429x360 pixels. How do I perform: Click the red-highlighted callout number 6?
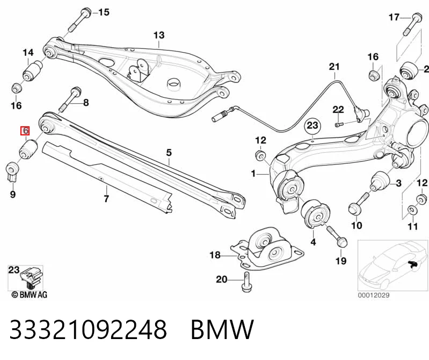click(x=25, y=131)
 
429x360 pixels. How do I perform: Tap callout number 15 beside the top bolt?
click(x=104, y=12)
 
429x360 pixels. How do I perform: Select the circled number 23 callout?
click(x=312, y=126)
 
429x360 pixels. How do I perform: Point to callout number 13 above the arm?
click(x=159, y=35)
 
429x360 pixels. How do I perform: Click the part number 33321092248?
click(x=88, y=329)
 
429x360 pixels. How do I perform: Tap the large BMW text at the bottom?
click(x=222, y=329)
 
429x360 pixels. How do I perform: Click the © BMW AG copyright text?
click(x=30, y=294)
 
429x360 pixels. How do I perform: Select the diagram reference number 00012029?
click(x=374, y=295)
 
